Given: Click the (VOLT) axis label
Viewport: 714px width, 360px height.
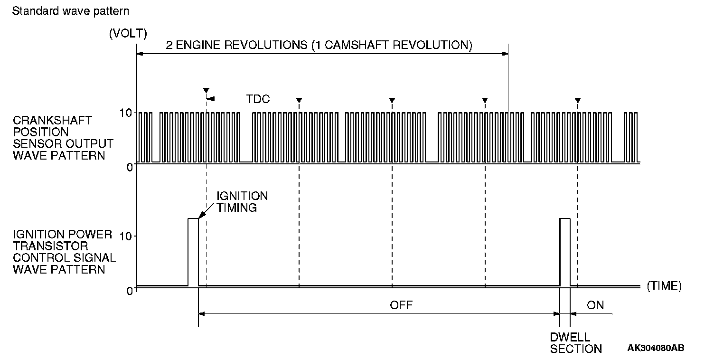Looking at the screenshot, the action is point(128,33).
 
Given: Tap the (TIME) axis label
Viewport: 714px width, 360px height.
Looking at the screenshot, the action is point(664,286).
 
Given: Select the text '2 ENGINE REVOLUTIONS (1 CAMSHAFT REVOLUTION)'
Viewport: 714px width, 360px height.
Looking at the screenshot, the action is point(319,46).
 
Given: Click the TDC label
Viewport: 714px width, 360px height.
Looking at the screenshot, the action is point(258,99).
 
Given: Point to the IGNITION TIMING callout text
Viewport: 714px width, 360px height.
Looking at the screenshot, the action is point(242,201).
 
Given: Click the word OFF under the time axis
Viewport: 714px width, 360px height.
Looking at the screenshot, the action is point(401,305).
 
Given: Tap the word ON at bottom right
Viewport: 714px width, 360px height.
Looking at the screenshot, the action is point(595,305).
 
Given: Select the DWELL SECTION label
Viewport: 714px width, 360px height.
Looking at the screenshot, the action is point(576,343).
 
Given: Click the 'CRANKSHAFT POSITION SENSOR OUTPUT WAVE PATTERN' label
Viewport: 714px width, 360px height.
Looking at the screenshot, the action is point(63,137).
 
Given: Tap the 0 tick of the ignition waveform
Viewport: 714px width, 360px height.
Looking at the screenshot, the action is point(130,290).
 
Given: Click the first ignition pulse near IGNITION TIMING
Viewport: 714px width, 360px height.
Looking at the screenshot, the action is point(193,252).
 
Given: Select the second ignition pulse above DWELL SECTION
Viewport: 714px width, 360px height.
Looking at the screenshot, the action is point(565,252).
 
